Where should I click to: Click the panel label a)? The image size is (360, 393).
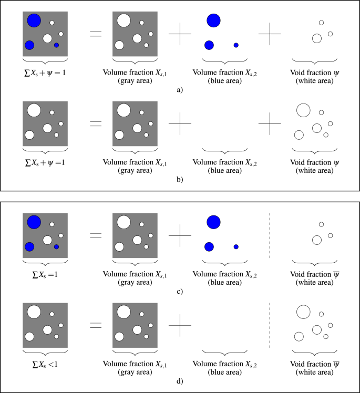[x=180, y=90]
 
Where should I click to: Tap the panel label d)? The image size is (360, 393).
[x=180, y=381]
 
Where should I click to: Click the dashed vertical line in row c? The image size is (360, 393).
[x=270, y=235]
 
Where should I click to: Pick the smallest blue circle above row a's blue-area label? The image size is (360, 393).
[x=236, y=45]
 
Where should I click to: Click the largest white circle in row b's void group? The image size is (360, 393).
[x=303, y=110]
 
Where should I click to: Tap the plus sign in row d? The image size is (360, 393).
[x=180, y=325]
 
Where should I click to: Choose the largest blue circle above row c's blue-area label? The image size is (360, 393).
[x=213, y=222]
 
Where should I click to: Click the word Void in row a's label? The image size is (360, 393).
[x=299, y=72]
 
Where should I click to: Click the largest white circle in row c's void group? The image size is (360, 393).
[x=317, y=240]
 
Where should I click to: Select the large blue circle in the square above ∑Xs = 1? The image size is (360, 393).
[x=34, y=222]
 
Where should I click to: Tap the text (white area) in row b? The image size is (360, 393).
[x=314, y=170]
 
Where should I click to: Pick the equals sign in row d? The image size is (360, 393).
[x=96, y=325]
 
